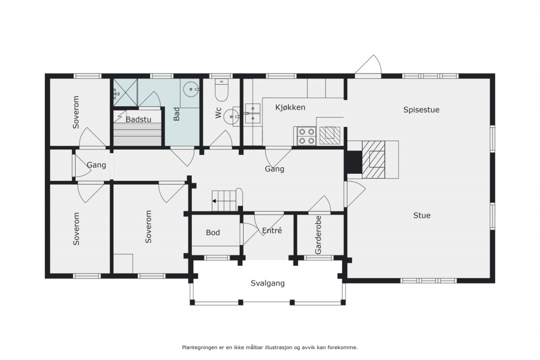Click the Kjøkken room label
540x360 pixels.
point(290,107)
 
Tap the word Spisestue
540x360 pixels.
point(421,110)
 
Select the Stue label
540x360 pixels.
point(422,215)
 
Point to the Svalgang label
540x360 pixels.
point(268,283)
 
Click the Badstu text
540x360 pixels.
point(138,119)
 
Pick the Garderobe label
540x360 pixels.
point(318,235)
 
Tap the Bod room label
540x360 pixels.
point(213,233)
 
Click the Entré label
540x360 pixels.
point(272,230)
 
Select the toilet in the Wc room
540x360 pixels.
point(221,90)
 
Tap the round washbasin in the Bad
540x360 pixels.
point(191,90)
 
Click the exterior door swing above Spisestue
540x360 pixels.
point(368,65)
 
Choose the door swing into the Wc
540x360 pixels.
point(221,138)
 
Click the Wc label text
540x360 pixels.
point(218,113)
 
